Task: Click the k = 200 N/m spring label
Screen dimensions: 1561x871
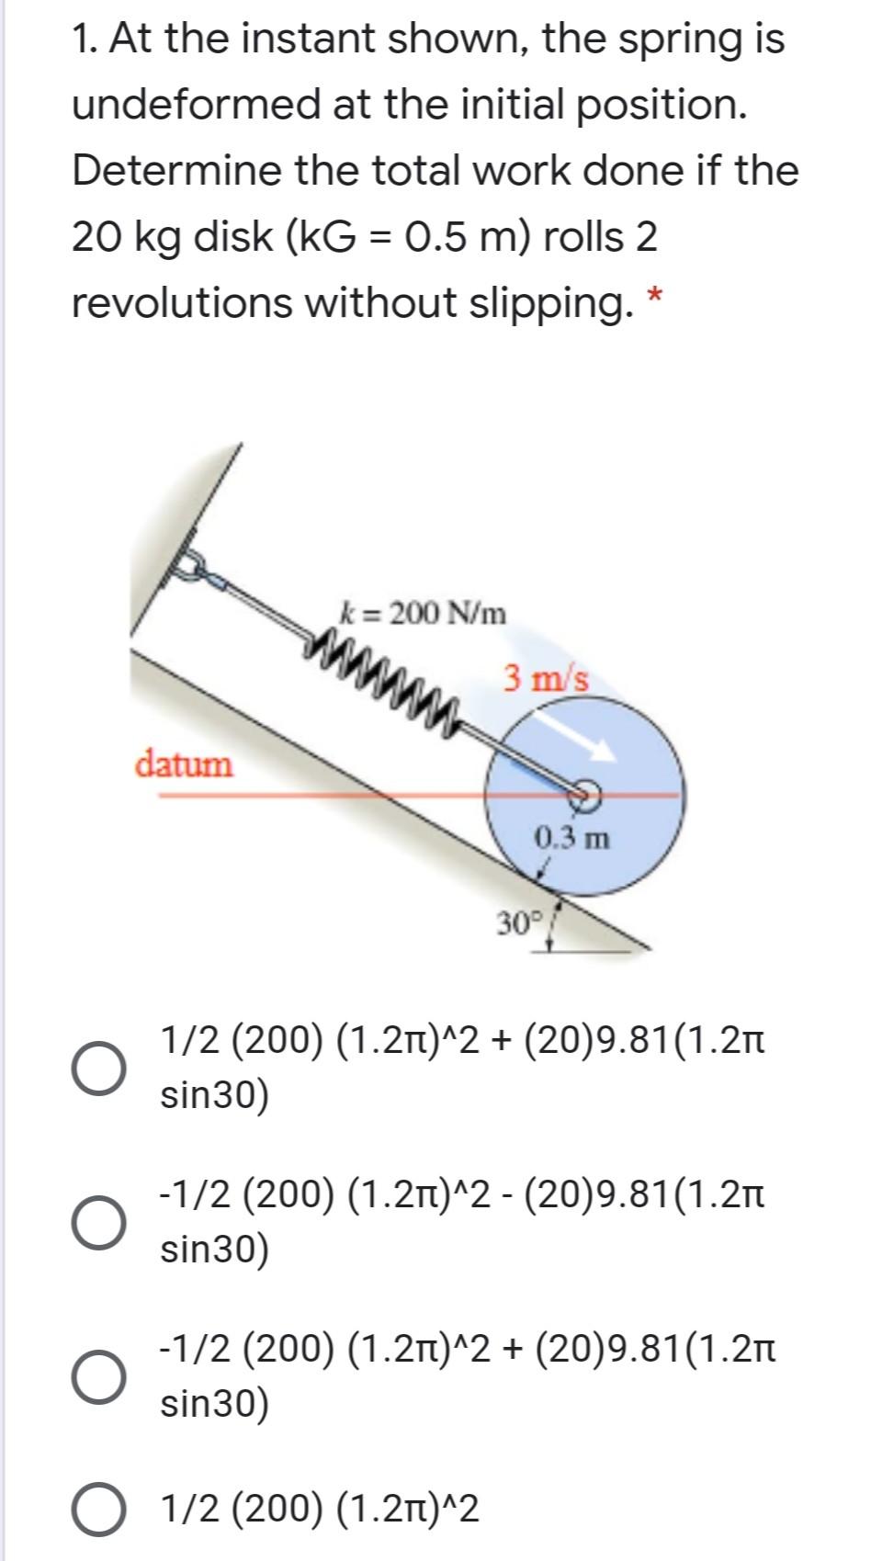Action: (x=423, y=612)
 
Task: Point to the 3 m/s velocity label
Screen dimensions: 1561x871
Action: (x=546, y=679)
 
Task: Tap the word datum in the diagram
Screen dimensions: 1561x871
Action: (x=185, y=764)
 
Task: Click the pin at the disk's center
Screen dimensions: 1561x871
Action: (x=583, y=793)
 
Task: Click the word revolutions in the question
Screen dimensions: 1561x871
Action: (x=181, y=303)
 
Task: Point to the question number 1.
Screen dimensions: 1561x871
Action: (x=85, y=39)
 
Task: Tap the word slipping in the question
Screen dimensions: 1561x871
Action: (x=546, y=303)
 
